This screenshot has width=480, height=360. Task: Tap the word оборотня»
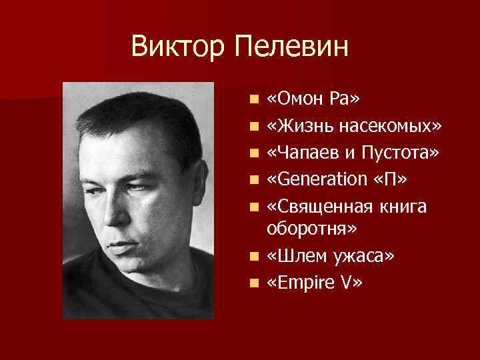pyautogui.click(x=312, y=229)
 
